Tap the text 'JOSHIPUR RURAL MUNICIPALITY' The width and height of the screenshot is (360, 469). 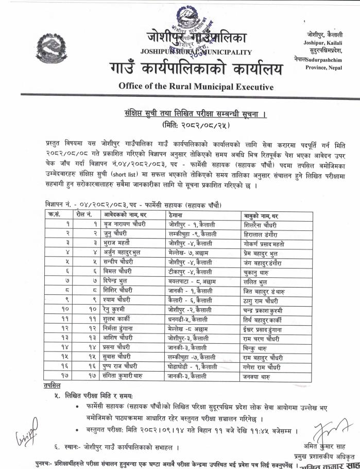point(196,52)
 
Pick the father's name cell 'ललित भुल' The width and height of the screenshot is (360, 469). point(256,280)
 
